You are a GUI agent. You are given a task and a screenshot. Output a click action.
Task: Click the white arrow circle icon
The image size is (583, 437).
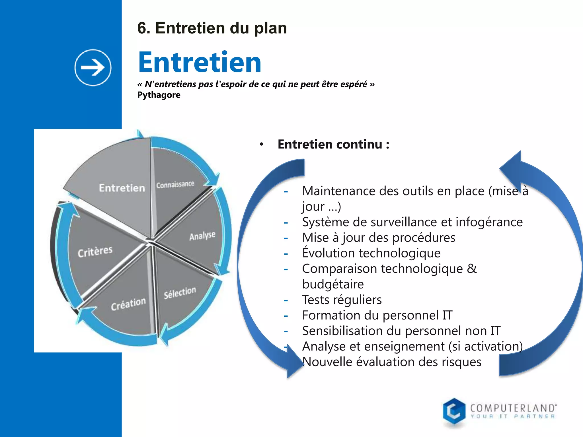point(93,68)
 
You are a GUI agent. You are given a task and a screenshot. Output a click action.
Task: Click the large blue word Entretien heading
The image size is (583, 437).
point(200,62)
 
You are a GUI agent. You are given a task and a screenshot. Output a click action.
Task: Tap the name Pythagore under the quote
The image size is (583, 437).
point(159,95)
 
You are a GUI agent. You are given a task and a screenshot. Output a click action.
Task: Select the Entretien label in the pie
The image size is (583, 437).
point(122,188)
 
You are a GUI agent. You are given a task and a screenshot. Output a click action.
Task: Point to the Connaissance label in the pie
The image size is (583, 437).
point(175,185)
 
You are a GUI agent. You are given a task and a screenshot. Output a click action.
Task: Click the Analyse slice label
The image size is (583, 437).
point(202,236)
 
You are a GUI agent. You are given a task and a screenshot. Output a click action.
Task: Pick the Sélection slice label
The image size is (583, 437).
point(180,292)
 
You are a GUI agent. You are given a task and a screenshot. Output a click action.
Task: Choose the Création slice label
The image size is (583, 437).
point(128,304)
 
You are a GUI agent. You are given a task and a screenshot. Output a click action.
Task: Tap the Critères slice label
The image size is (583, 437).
point(95,252)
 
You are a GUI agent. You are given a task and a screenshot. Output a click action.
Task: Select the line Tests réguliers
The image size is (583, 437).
point(342,300)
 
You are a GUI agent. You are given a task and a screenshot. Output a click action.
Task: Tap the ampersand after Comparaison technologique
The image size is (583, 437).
point(472,269)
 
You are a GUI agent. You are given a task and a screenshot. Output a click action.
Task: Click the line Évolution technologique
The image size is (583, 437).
point(371,253)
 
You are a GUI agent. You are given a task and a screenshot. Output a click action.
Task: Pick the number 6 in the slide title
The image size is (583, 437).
point(142,28)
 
